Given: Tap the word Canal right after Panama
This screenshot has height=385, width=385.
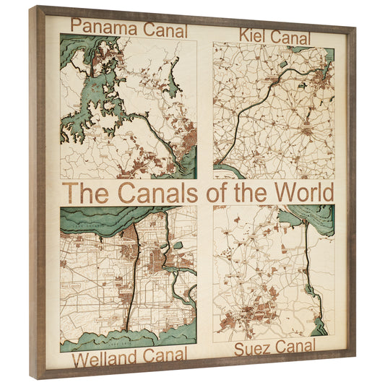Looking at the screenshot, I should pyautogui.click(x=162, y=30).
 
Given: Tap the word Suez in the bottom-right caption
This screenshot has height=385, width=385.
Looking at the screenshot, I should pyautogui.click(x=253, y=348).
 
